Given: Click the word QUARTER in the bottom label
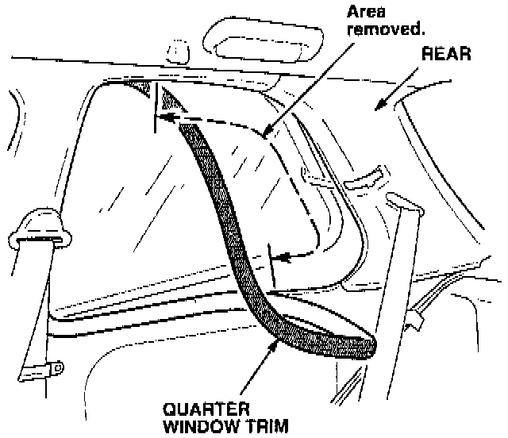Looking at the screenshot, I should click(x=194, y=410).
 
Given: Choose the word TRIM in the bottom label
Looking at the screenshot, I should click(x=252, y=427).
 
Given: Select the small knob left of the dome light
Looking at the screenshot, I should click(x=177, y=50).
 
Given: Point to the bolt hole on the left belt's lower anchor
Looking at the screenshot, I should click(x=56, y=367).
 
